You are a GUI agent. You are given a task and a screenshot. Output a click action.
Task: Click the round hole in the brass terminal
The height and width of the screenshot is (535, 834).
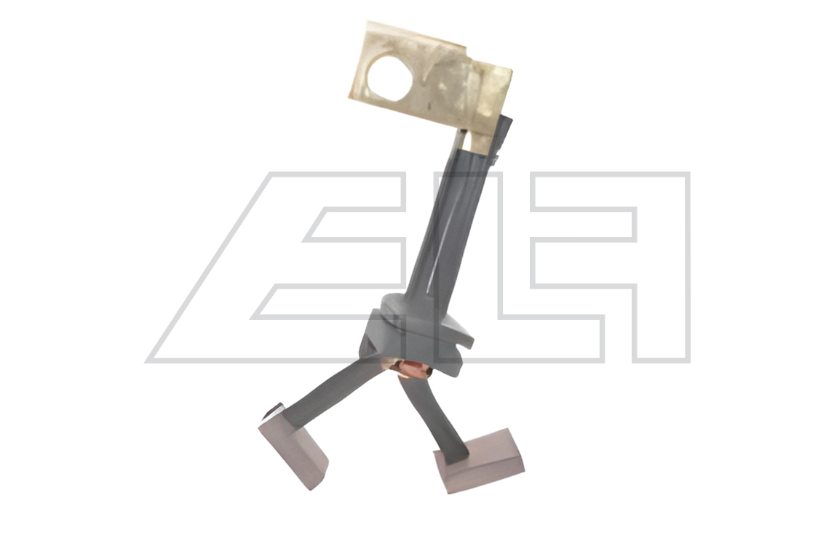[390, 79]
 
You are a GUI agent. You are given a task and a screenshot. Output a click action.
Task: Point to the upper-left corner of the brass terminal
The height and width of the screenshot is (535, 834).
[368, 22]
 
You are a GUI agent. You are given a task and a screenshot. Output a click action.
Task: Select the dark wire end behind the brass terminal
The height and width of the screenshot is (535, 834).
[503, 137]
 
